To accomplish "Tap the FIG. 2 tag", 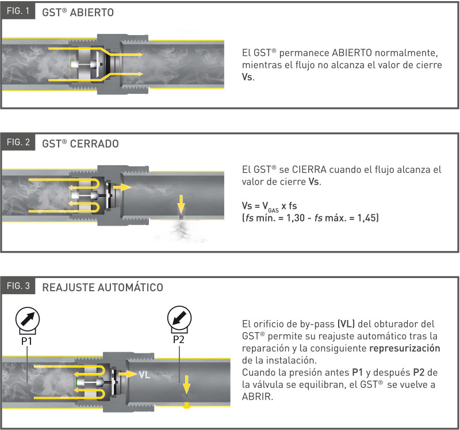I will point(18,143).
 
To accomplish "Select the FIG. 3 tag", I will point(18,286).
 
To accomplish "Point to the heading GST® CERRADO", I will point(80,143).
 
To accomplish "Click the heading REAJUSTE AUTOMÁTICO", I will point(102,287).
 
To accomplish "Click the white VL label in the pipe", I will point(144,374).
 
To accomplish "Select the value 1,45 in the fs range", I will point(366,219).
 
